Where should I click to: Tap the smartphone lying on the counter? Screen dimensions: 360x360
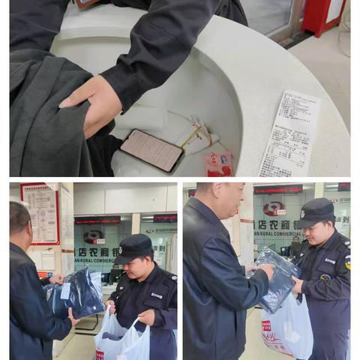(151, 150)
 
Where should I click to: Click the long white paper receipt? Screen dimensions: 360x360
(289, 133)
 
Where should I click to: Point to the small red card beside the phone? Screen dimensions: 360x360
(219, 164)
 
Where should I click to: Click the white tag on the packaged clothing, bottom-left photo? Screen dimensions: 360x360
(66, 290)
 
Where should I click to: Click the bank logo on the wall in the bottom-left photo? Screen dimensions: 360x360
(94, 237)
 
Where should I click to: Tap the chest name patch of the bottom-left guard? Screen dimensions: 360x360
(156, 295)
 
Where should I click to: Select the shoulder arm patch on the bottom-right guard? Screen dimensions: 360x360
(347, 262)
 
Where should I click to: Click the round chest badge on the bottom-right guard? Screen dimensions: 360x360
(324, 277)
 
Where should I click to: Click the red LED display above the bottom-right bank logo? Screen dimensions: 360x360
(278, 190)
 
